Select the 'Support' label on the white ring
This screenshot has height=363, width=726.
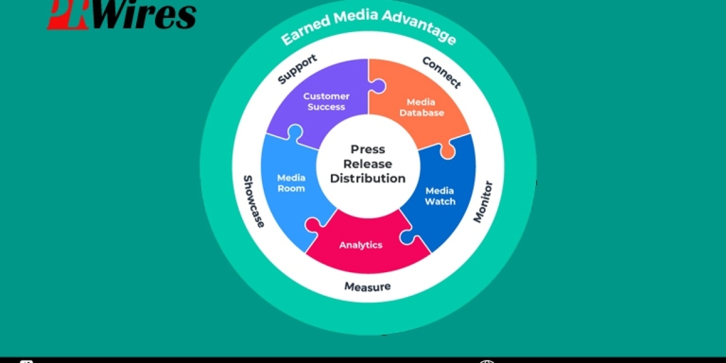297,69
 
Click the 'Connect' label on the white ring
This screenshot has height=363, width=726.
441,72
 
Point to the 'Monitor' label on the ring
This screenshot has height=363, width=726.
483,201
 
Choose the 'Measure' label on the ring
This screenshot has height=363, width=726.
367,286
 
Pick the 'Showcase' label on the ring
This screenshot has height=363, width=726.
253,201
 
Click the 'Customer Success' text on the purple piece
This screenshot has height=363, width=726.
326,102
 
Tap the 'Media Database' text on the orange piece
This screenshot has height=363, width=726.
425,107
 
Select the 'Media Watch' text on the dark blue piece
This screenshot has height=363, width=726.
440,196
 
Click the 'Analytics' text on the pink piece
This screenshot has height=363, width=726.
361,245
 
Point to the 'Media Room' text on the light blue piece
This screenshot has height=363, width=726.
291,183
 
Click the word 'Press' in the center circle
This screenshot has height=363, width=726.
368,149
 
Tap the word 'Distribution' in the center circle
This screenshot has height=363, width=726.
368,178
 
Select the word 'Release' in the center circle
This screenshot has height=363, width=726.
368,164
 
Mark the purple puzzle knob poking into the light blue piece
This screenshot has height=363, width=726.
296,132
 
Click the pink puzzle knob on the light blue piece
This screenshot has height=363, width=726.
313,226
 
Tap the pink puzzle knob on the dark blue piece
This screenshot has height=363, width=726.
407,237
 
